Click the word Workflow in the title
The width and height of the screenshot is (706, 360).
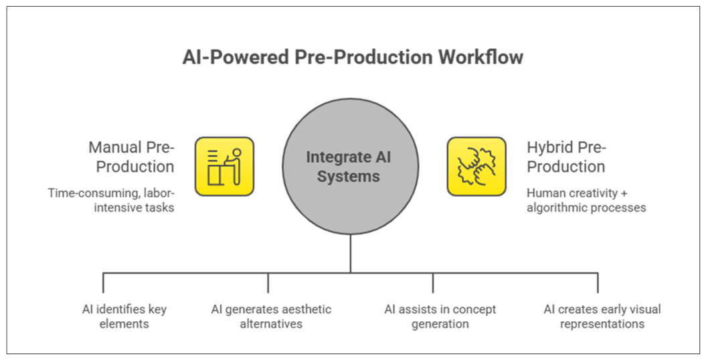pos(481,58)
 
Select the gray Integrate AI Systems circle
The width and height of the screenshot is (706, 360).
pos(350,167)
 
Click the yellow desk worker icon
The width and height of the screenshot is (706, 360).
pos(224,167)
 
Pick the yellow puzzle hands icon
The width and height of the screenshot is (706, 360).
pos(476,167)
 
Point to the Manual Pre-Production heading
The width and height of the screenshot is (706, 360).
pos(131,157)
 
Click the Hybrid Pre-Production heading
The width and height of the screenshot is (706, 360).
pos(566,157)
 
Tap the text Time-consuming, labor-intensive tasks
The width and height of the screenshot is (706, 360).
pos(111,200)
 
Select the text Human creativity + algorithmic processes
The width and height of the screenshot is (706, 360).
pos(586,200)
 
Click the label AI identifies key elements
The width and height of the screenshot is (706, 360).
pos(124,317)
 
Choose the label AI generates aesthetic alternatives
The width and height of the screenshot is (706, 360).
pos(271,317)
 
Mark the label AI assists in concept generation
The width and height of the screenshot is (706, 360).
pos(440,317)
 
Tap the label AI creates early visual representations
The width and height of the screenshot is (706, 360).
pos(602,317)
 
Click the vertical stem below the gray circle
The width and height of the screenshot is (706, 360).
pos(350,254)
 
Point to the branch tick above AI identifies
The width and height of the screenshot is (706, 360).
pos(103,282)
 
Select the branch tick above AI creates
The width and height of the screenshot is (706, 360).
pos(598,282)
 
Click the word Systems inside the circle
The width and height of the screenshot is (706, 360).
pos(348,177)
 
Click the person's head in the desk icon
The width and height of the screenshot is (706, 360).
pos(236,153)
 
